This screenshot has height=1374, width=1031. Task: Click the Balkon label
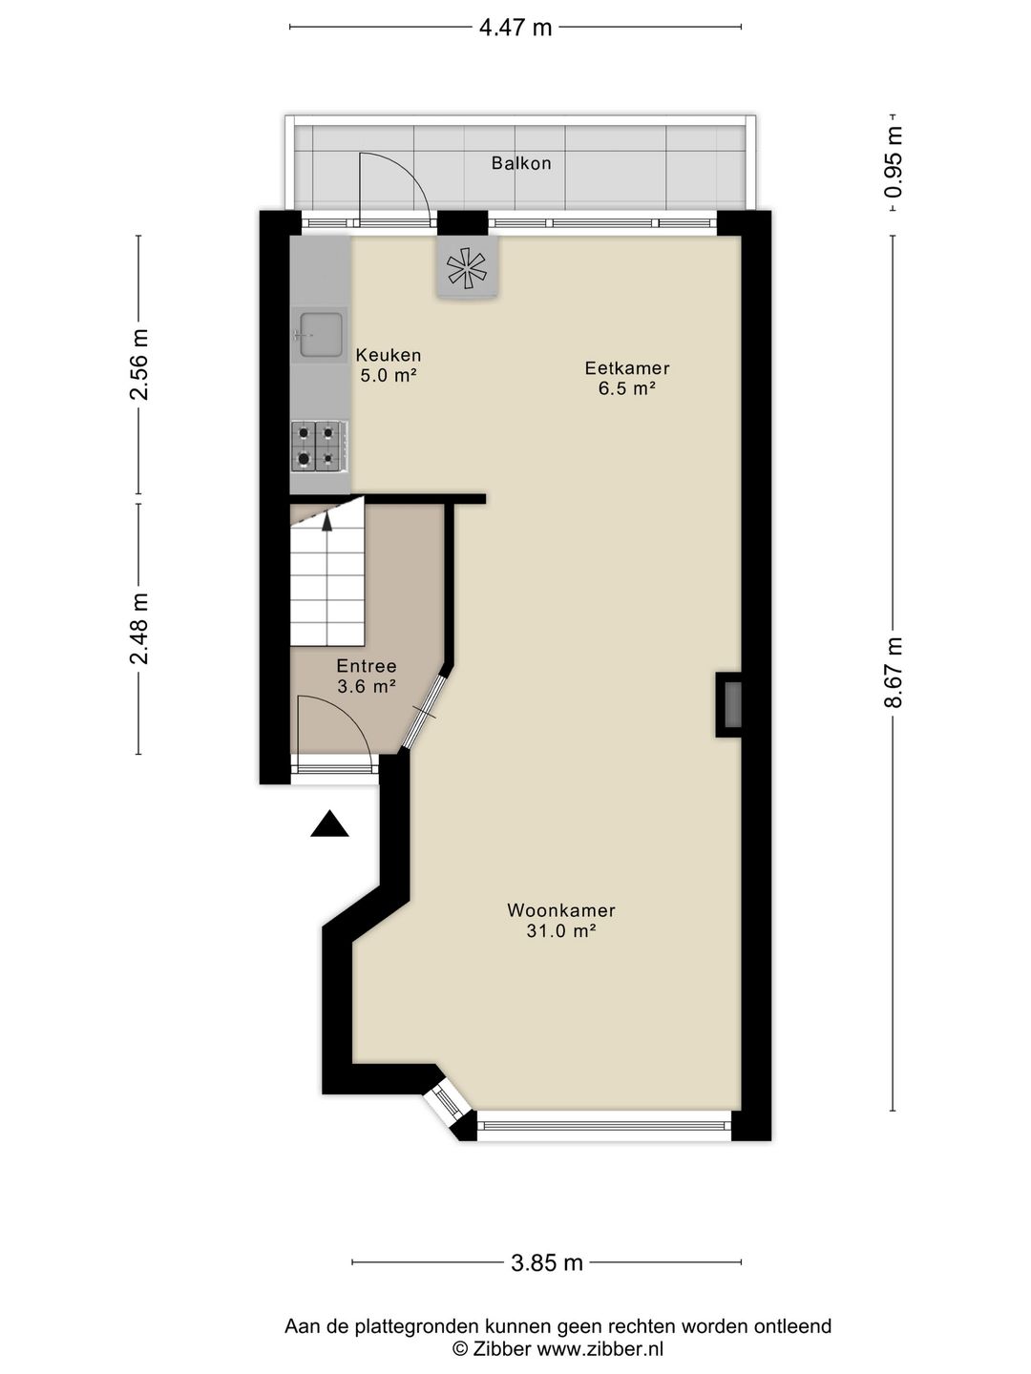[521, 163]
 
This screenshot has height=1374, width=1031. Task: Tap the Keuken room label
[389, 355]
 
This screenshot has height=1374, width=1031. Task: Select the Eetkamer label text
[627, 368]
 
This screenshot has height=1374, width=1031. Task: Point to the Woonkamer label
[561, 910]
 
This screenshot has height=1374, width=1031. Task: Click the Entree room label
[367, 666]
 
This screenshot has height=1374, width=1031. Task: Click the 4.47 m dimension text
[515, 28]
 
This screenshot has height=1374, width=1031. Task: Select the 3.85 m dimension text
[547, 1263]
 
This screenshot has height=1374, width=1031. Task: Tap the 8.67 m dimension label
[894, 673]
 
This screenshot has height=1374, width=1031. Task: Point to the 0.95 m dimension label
[894, 162]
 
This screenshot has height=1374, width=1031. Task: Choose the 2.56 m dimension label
[139, 364]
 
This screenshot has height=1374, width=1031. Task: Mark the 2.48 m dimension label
[139, 628]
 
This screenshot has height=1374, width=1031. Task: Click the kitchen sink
[321, 335]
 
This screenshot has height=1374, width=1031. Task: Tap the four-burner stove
[318, 446]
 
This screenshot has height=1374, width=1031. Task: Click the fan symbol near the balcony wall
[467, 267]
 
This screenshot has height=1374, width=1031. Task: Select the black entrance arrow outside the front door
[329, 824]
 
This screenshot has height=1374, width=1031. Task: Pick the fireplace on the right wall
[731, 705]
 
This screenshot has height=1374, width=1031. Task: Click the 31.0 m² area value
[561, 931]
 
